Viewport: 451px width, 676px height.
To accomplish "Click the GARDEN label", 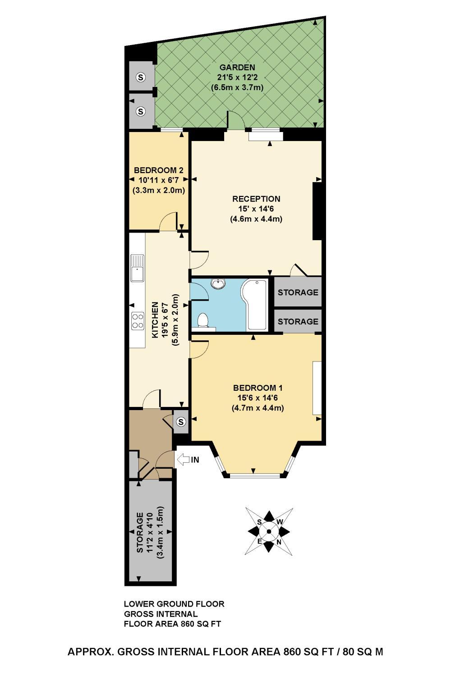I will click(237, 68).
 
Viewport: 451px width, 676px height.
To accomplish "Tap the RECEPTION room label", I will click(256, 199).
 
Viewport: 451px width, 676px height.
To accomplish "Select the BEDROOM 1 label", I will click(258, 388).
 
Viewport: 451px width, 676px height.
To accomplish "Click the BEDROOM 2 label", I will click(159, 170).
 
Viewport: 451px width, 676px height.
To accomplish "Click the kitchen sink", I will click(137, 268).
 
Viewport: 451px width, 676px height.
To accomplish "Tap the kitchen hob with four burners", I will click(137, 321).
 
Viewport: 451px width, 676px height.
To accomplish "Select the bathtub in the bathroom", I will click(256, 305).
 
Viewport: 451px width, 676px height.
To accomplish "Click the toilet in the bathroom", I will click(203, 321).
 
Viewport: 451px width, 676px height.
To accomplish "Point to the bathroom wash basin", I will click(219, 283).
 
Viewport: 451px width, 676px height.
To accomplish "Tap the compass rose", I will click(269, 531).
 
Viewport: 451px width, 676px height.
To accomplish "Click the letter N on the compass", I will click(279, 542).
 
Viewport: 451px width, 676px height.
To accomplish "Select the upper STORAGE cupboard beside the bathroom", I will click(298, 292).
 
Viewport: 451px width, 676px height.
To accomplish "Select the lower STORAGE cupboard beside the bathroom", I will click(298, 322).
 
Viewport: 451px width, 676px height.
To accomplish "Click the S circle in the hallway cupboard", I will click(181, 422).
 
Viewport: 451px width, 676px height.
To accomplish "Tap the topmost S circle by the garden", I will click(141, 78).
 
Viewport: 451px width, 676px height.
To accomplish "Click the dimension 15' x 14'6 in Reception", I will click(256, 209).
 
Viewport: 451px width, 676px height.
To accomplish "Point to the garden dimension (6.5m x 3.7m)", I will click(237, 87).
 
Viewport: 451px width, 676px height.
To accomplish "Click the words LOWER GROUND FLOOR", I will click(174, 604).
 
